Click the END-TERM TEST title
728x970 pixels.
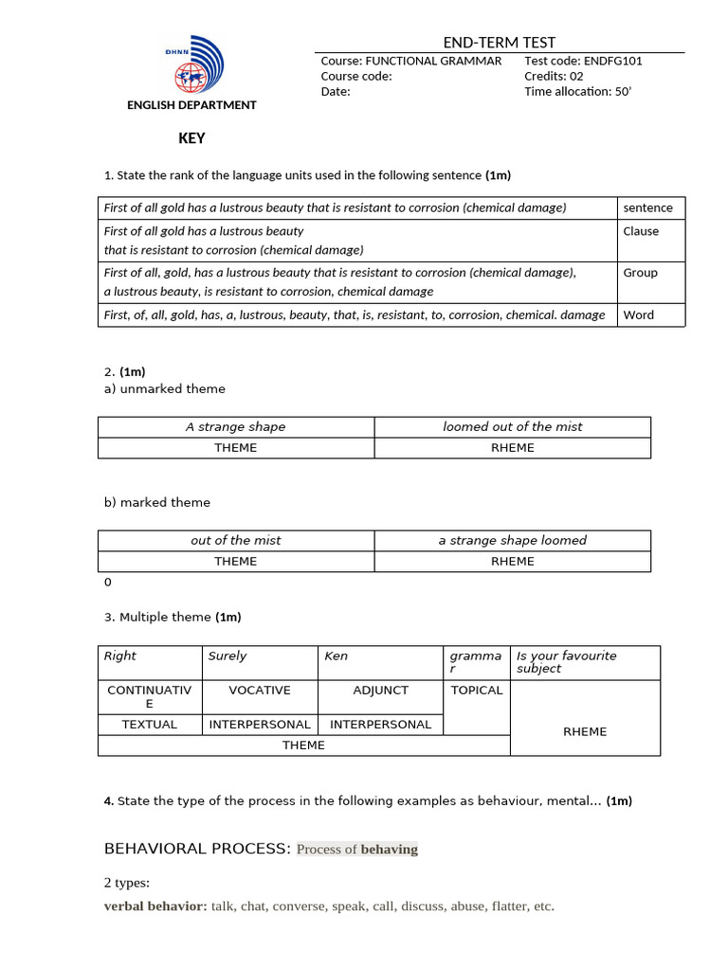[x=499, y=43]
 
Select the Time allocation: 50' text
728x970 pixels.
[x=576, y=92]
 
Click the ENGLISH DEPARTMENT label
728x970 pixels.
[x=191, y=105]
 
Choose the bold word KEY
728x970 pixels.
[x=191, y=138]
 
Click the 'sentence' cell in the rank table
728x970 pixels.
[x=648, y=208]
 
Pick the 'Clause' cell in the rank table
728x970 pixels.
[x=641, y=231]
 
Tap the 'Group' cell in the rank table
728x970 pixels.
[x=640, y=273]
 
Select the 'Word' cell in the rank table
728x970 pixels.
[x=638, y=315]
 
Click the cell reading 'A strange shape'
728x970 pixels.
[x=235, y=427]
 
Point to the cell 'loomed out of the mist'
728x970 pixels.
[x=512, y=427]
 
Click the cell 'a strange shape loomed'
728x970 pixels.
[x=512, y=541]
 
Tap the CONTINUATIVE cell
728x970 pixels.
[x=150, y=697]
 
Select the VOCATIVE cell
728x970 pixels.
[x=260, y=691]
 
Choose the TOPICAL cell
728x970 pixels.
[x=477, y=691]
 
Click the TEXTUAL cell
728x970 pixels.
[x=150, y=725]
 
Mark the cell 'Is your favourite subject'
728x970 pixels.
[x=566, y=662]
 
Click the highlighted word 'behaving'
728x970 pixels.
[x=389, y=850]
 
